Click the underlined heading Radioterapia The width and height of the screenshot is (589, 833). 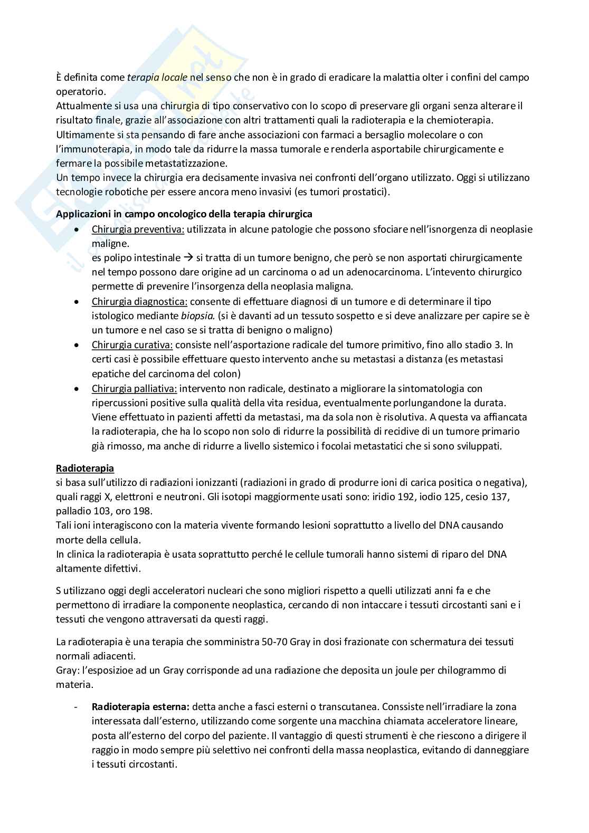(x=85, y=468)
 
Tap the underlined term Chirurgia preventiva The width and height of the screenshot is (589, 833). (x=138, y=229)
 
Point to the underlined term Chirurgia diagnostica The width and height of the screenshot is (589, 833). (x=139, y=302)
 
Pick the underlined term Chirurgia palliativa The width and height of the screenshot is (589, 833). (x=134, y=388)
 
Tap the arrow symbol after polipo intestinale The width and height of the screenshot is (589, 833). (x=188, y=258)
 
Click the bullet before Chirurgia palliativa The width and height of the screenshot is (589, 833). (x=78, y=389)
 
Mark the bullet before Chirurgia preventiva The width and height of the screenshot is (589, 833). (x=78, y=230)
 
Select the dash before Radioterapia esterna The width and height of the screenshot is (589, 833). (x=77, y=707)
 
